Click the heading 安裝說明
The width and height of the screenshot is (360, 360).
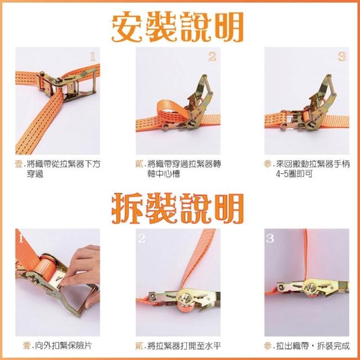coord(177,26)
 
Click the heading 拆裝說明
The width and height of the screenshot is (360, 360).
coord(177,208)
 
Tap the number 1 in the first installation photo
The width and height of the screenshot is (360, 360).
coord(92,57)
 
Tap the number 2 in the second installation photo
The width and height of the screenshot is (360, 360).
coord(212,57)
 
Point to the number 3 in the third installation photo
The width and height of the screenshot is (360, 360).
coord(342,57)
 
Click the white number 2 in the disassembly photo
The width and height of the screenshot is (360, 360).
coord(142,238)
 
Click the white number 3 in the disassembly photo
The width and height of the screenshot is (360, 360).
coord(270,238)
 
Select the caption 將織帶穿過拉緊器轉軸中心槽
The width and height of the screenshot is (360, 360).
coord(184,169)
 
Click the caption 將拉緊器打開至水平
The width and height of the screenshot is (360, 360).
coord(184,345)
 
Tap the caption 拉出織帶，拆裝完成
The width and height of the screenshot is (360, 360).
coord(313,345)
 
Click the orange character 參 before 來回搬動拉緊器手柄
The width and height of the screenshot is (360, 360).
coord(268,164)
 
